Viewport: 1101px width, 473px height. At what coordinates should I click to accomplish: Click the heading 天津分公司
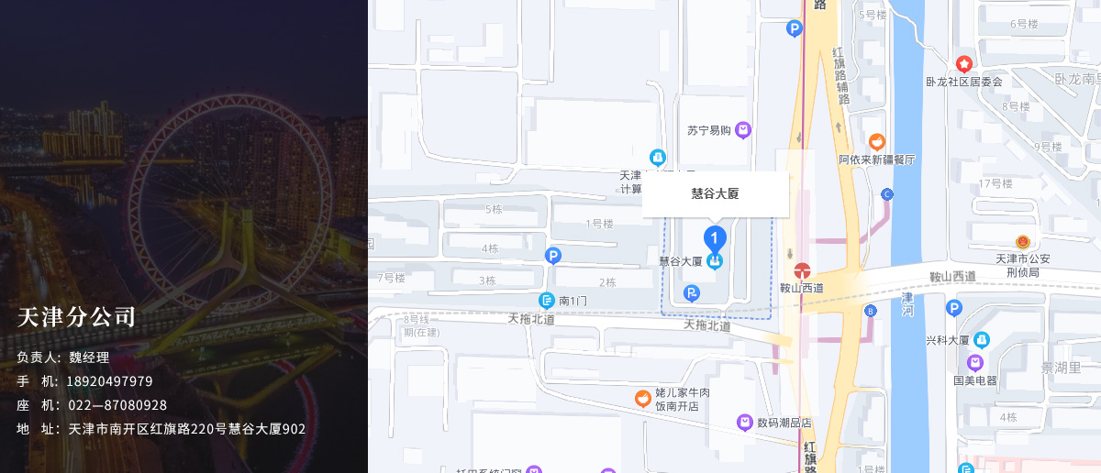[x=76, y=317]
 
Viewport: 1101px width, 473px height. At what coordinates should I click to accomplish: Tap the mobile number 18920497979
[x=111, y=381]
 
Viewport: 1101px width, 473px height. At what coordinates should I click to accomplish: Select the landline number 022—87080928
[x=117, y=405]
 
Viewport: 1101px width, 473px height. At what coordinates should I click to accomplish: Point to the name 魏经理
[x=89, y=357]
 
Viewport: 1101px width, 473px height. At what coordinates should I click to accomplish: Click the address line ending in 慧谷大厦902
[x=187, y=429]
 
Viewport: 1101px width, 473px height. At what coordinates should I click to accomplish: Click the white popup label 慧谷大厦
[x=715, y=193]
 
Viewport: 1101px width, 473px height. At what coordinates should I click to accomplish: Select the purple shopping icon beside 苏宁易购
[x=743, y=130]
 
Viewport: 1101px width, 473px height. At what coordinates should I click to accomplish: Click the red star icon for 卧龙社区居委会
[x=963, y=64]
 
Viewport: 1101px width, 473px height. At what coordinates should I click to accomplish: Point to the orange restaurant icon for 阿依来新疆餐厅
[x=877, y=142]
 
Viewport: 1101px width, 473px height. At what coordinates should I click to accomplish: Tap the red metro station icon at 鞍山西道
[x=802, y=270]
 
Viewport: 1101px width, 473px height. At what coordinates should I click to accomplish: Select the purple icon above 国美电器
[x=974, y=363]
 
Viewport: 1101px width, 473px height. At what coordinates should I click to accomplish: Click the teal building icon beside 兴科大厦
[x=982, y=340]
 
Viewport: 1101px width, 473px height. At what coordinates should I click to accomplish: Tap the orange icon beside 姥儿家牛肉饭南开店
[x=644, y=399]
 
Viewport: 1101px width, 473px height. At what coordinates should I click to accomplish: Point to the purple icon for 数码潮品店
[x=745, y=423]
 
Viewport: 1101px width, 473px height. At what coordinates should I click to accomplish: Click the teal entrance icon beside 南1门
[x=547, y=300]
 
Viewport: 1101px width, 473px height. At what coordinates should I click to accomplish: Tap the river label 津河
[x=906, y=304]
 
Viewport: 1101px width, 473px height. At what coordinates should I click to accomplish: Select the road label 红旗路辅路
[x=840, y=75]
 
